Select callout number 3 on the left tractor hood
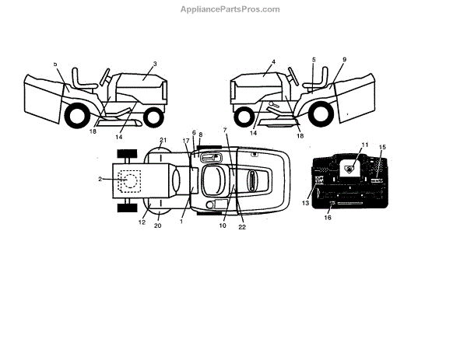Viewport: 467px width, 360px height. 155,64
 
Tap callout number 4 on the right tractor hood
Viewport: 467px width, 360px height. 274,61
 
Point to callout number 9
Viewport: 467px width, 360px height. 343,60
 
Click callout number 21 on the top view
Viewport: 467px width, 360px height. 163,141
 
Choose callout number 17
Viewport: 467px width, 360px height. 186,141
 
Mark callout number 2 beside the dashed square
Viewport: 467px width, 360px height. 100,180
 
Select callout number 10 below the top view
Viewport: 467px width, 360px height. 222,226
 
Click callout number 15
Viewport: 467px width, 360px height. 382,147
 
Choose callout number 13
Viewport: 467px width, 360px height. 306,204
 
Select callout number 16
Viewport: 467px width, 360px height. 328,219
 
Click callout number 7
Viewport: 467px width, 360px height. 224,130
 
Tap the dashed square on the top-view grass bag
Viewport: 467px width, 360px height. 129,180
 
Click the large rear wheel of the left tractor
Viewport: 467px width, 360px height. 77,117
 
